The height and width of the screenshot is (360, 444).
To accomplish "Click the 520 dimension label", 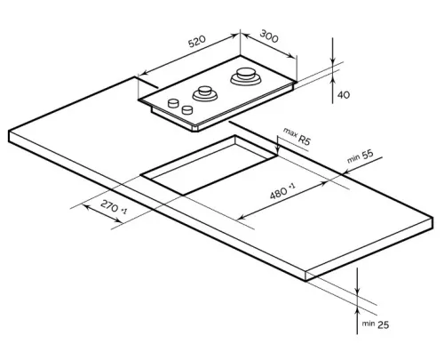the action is pos(197,41).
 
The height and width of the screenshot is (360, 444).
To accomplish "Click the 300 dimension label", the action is pos(269,36).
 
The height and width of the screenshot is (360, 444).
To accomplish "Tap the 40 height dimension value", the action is pos(344,95).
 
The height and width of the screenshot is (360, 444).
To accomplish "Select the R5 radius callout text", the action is pos(305,140).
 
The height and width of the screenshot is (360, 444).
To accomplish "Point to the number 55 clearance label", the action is pos(368,155).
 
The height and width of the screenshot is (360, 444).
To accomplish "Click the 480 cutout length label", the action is pos(278,194).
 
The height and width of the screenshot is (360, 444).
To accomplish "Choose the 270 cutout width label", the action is pos(109,205).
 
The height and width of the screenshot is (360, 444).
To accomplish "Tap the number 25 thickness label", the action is pos(383,324).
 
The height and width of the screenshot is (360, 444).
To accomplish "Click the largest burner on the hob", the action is pos(246,76).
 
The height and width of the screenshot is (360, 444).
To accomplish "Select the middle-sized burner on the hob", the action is pos(205,93).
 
